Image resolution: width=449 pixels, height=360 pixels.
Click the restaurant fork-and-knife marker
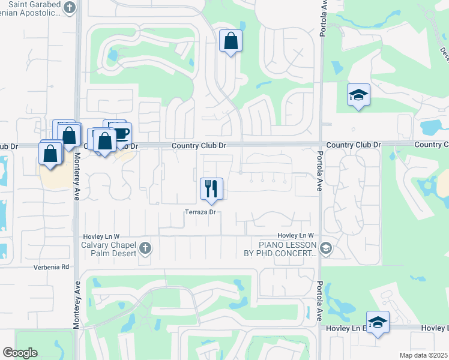(x=211, y=188)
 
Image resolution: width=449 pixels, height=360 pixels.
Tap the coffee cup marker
(x=121, y=133)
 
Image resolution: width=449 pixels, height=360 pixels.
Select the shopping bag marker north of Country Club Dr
(x=231, y=41)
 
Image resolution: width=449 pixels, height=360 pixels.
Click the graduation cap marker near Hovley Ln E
(x=378, y=322)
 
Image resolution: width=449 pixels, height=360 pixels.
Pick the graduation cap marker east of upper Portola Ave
(x=358, y=95)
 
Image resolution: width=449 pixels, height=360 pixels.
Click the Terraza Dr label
(x=200, y=212)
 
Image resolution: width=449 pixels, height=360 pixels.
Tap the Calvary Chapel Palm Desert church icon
(x=145, y=248)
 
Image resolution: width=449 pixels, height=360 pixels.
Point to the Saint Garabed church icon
(x=70, y=8)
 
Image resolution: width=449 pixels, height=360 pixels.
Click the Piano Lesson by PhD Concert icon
(x=325, y=248)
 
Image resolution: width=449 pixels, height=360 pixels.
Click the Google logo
(x=20, y=353)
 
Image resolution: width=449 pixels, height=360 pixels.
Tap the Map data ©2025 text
(x=424, y=355)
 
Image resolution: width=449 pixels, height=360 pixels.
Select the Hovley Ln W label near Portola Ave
(x=296, y=236)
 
